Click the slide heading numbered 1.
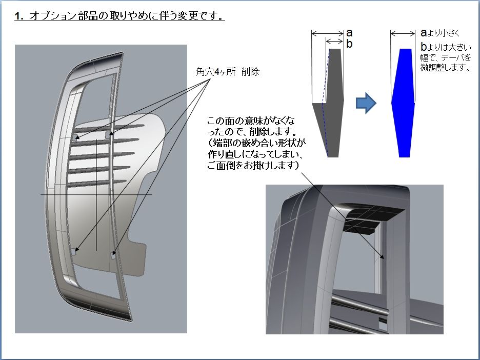(119, 15)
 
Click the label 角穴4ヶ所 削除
(228, 72)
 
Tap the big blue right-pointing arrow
(366, 103)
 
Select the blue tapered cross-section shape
(403, 103)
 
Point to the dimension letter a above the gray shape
(349, 33)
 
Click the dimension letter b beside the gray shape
(349, 44)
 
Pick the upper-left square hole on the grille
(75, 136)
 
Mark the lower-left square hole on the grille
(74, 252)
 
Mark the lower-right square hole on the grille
(113, 255)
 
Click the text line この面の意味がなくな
(251, 121)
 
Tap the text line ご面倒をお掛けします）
(253, 165)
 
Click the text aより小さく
(441, 33)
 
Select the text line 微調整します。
(446, 68)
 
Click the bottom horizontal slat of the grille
(97, 183)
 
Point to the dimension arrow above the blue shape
(403, 33)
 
